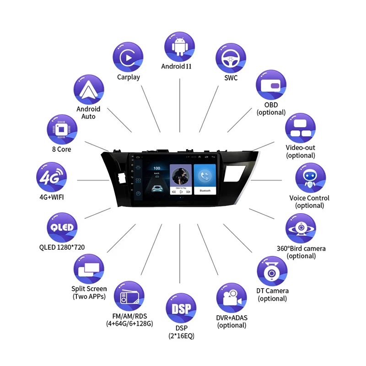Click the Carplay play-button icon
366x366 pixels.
[x=128, y=57]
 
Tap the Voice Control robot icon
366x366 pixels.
[x=310, y=179]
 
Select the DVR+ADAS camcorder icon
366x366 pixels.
[x=231, y=298]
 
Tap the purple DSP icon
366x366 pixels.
[x=180, y=309]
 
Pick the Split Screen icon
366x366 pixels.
[x=89, y=269]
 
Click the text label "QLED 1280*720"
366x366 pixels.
[x=62, y=248]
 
